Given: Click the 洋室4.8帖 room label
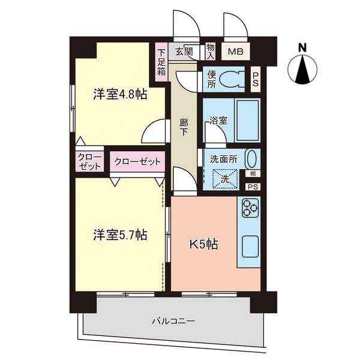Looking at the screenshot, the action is tap(120, 94).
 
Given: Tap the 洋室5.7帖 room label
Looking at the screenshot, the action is tap(120, 235).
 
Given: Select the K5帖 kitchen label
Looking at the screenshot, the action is tap(203, 245).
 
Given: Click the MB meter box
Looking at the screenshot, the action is tap(236, 52).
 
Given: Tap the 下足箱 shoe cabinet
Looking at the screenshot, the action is tap(161, 62).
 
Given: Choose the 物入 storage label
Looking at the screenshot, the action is tap(211, 52).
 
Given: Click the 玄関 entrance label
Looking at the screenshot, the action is tap(184, 52).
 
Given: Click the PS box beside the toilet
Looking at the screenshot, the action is tap(256, 79).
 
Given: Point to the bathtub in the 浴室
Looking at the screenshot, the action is tap(247, 121).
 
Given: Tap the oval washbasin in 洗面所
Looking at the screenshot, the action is tap(251, 159).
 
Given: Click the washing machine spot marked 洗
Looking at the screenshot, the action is tap(225, 179).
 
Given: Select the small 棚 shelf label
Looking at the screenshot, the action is tap(253, 174).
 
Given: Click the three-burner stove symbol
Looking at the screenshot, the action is tap(250, 208).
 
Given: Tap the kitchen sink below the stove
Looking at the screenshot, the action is tap(250, 247).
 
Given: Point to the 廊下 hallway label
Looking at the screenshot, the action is tap(184, 127).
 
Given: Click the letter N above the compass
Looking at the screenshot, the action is tap(302, 48).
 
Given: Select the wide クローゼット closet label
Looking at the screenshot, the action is tap(137, 161).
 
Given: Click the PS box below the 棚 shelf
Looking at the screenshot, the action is tap(253, 187).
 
